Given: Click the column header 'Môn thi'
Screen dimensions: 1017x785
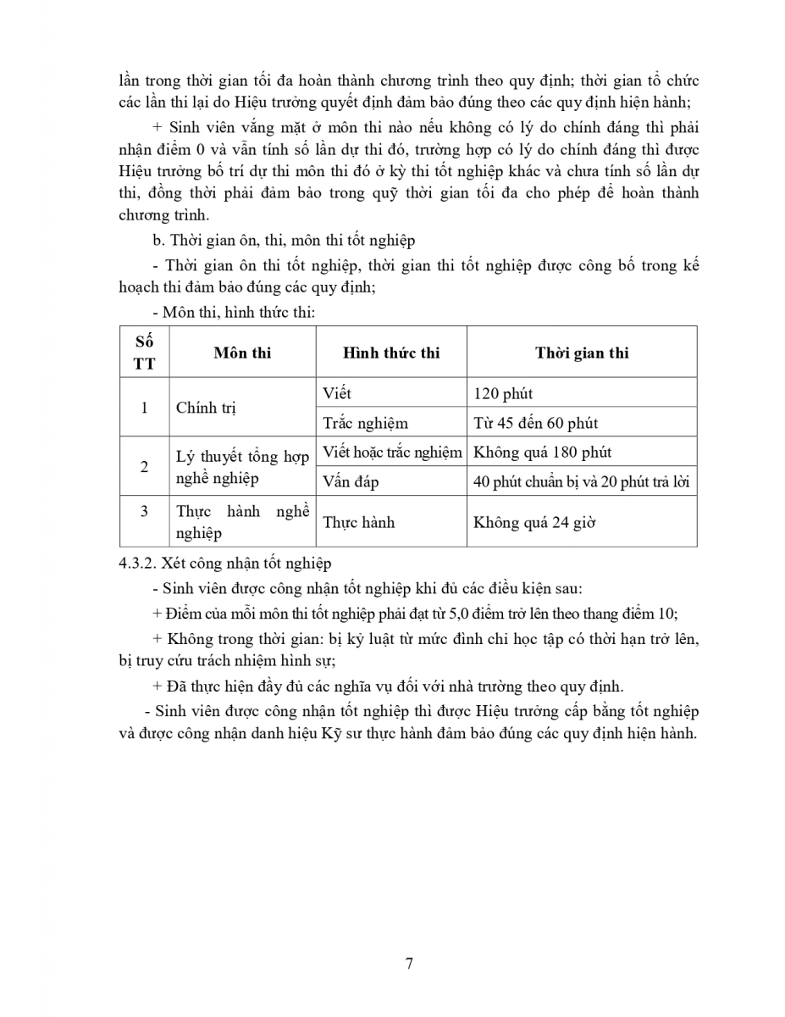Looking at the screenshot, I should [x=242, y=353].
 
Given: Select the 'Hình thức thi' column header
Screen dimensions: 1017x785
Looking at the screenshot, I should [x=391, y=353].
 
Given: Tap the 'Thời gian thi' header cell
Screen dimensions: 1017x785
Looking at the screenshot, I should [x=582, y=353].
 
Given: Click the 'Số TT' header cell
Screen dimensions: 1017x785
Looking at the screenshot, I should [x=144, y=353].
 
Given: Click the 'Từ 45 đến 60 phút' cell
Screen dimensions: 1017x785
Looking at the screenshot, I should [x=536, y=422].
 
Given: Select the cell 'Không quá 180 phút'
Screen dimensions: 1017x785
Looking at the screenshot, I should [x=543, y=452].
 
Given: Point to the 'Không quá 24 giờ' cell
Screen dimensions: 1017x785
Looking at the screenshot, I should [x=534, y=522].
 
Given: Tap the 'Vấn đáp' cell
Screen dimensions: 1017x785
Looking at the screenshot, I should [x=351, y=481].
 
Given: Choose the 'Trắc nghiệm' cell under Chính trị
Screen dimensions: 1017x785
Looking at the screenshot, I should [x=365, y=422].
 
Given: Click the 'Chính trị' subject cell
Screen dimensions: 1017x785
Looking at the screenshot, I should [x=206, y=408].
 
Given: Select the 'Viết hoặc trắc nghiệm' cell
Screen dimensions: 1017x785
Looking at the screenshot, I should [x=392, y=452].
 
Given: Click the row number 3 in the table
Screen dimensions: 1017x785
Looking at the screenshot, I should [x=144, y=510].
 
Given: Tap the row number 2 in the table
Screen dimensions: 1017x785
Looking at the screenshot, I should [x=144, y=467].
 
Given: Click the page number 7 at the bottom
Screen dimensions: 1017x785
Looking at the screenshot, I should [x=409, y=963].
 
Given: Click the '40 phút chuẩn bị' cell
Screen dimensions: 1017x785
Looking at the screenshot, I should [x=582, y=481].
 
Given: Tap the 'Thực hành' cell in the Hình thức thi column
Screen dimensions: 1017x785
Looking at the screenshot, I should [x=359, y=522].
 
